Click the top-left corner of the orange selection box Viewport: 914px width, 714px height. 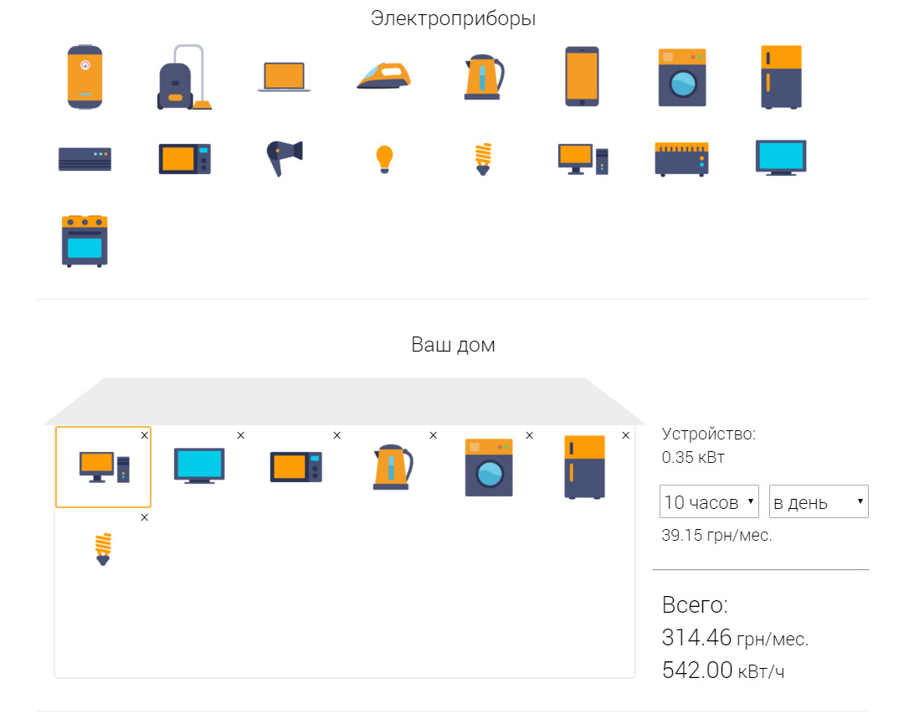(56, 427)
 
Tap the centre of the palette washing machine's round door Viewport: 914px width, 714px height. (683, 84)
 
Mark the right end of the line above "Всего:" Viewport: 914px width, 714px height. (869, 569)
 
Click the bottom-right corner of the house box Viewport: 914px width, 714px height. (634, 677)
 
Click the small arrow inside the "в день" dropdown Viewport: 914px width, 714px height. (860, 501)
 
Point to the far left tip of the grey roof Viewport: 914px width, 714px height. (44, 424)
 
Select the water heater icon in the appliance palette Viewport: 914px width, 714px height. (85, 76)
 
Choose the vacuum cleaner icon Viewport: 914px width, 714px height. (183, 77)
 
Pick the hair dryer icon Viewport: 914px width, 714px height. (285, 158)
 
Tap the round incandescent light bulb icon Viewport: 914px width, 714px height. (385, 159)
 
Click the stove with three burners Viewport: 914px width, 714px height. (85, 241)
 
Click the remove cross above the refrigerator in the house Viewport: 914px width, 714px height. (625, 435)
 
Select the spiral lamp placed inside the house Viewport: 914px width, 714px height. (103, 549)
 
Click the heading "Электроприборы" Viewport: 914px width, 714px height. (453, 18)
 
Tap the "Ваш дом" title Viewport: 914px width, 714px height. (453, 345)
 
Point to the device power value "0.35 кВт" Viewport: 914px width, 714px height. (693, 458)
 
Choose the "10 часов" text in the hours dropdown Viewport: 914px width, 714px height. (701, 502)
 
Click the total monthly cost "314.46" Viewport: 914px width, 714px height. (696, 638)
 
